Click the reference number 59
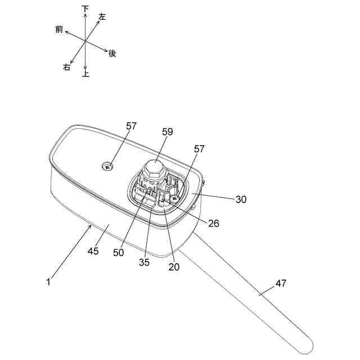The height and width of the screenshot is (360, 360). click(167, 132)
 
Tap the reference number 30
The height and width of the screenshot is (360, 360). click(241, 199)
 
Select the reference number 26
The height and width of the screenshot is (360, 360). click(214, 223)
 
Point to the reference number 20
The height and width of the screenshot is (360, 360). click(174, 267)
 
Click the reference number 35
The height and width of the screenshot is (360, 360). click(145, 262)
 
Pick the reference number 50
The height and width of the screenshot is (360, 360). click(118, 253)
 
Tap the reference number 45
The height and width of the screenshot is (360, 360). click(93, 251)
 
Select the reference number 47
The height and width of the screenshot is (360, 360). click(281, 283)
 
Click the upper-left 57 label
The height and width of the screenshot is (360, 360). click(131, 126)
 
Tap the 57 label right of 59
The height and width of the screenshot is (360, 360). click(199, 148)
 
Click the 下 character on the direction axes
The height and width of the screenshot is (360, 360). click(85, 8)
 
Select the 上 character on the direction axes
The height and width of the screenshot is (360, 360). click(85, 74)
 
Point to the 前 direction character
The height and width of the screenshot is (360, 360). click(59, 29)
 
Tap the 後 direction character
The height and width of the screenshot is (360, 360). click(112, 53)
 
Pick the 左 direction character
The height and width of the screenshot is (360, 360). click(102, 17)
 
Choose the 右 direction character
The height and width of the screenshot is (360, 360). click(67, 67)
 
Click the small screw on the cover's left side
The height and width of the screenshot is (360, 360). click(107, 166)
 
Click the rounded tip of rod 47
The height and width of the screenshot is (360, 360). click(307, 343)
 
